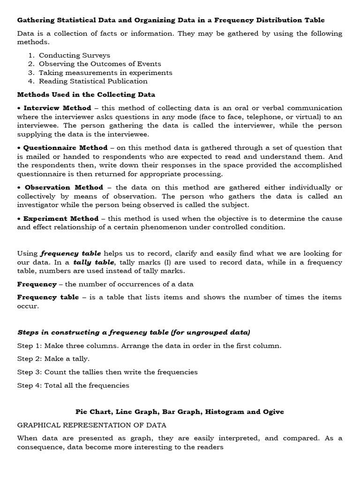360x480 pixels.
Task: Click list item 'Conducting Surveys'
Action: [x=74, y=55]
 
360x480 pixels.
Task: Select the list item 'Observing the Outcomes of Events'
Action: [x=100, y=64]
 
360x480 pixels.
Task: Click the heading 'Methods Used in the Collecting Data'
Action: [x=86, y=95]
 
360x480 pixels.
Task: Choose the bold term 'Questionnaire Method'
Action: [x=65, y=148]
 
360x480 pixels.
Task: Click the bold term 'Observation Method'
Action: [x=63, y=187]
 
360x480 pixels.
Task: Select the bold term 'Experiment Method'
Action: [x=61, y=218]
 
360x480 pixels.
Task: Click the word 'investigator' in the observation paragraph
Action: [x=39, y=205]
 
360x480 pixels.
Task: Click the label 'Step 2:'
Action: [x=30, y=359]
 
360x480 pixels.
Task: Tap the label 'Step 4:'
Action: [x=30, y=385]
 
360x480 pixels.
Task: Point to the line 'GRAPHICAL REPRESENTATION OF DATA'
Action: [x=92, y=425]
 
